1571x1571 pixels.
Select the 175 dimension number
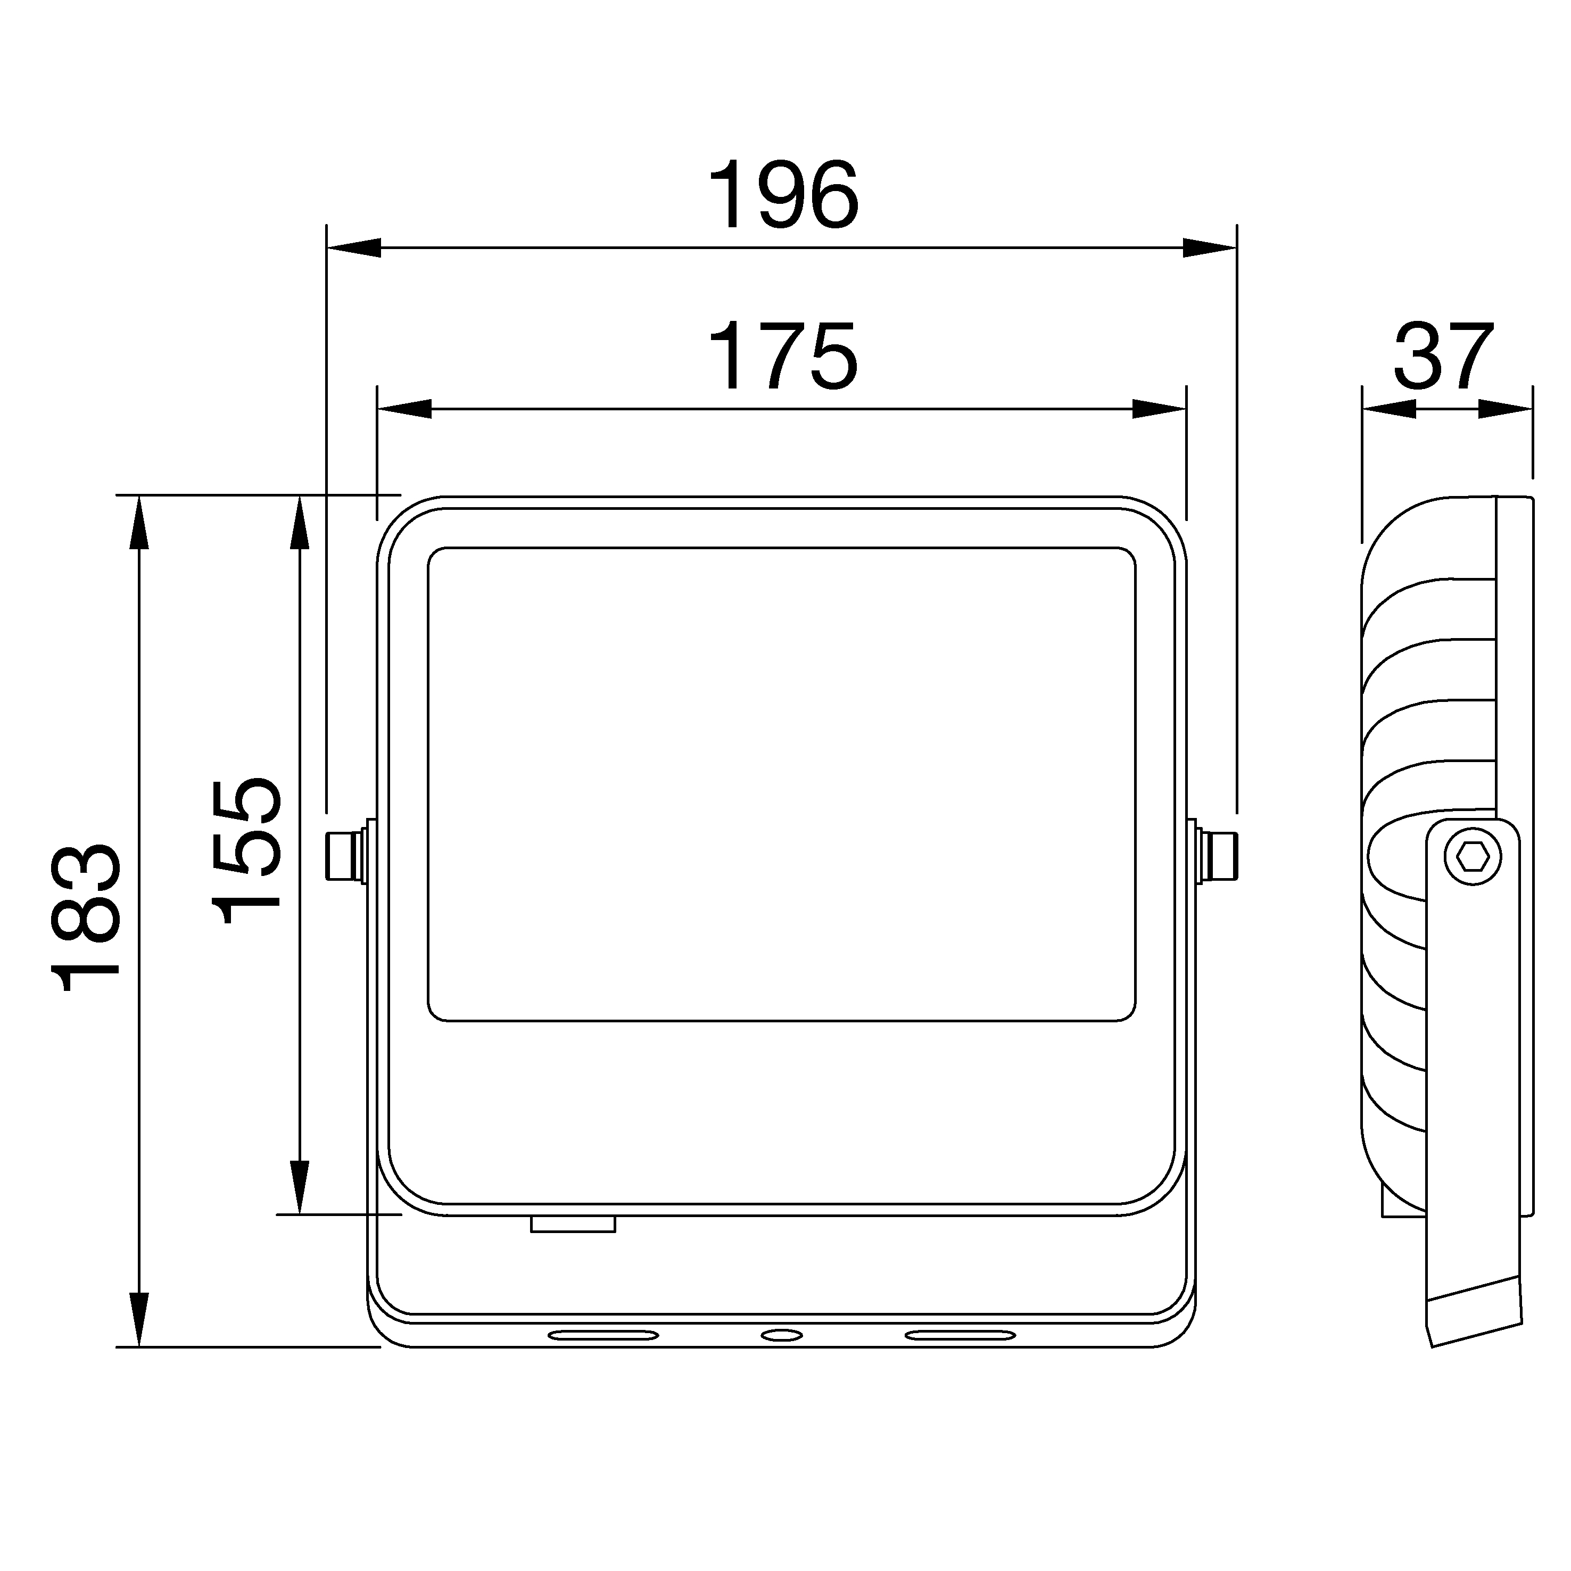pos(783,355)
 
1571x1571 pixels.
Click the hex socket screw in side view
pos(1473,856)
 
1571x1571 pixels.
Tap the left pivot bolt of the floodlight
pos(345,856)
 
